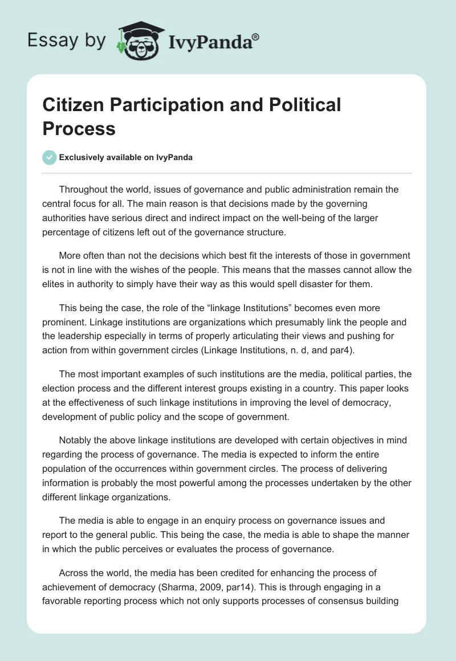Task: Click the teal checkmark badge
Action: (x=50, y=157)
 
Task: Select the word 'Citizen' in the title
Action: (x=77, y=105)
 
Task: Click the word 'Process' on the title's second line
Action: (x=79, y=129)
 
